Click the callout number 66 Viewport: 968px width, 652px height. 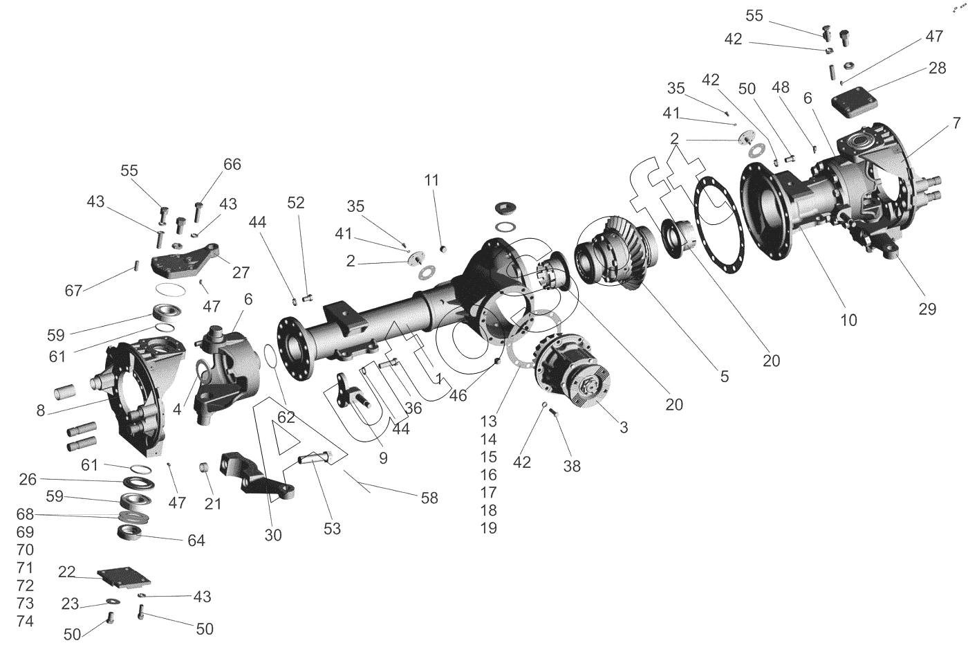click(x=232, y=165)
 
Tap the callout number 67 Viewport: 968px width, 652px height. click(x=73, y=290)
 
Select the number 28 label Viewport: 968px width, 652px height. click(x=938, y=68)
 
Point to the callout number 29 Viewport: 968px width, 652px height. click(x=927, y=309)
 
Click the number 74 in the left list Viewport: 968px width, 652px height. click(x=25, y=621)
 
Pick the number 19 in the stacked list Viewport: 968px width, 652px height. click(x=489, y=528)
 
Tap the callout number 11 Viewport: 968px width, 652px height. click(x=431, y=180)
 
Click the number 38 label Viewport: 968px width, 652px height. click(x=572, y=466)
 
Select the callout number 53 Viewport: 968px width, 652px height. click(x=333, y=528)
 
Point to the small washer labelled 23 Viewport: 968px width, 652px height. click(x=113, y=601)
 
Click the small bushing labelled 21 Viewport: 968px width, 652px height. click(x=204, y=467)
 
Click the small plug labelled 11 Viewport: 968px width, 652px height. click(x=443, y=248)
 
